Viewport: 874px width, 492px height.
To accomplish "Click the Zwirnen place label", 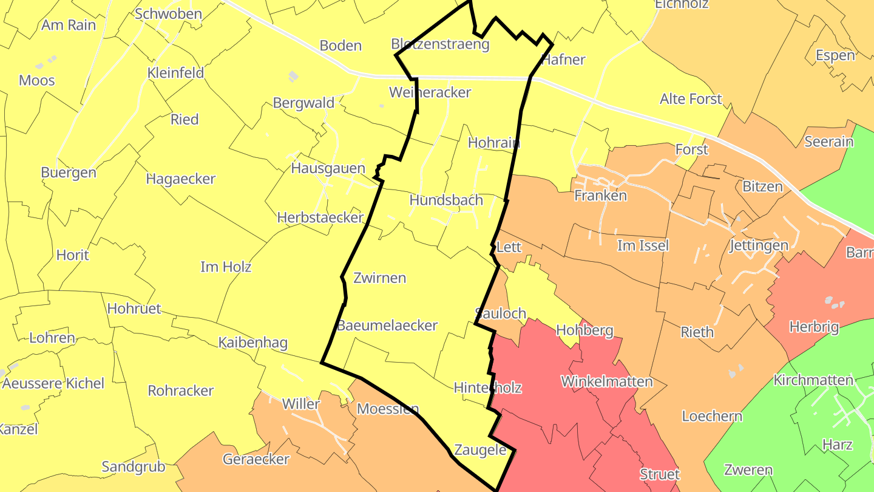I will (x=379, y=278).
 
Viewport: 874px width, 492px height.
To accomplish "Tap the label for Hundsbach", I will (x=446, y=200).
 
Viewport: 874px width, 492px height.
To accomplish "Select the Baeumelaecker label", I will (x=387, y=326).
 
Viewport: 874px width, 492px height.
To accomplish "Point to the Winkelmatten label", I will (x=606, y=381).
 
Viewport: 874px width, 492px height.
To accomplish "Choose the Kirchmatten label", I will (x=813, y=380).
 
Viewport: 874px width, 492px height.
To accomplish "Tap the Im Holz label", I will (x=226, y=267).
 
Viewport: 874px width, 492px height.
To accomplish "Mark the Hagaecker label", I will (x=181, y=179).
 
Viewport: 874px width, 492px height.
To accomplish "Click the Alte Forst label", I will (x=691, y=99).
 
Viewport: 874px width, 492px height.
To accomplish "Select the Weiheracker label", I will (x=430, y=92).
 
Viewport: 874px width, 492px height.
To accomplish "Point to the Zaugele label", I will (x=480, y=450).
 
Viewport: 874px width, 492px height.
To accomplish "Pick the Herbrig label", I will (x=813, y=327).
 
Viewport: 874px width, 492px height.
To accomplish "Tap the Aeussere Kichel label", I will (x=53, y=383).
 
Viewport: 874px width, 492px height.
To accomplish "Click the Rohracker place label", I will (x=181, y=391).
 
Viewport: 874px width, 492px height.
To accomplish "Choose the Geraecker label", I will (x=256, y=459).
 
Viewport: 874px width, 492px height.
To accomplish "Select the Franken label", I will (x=600, y=196).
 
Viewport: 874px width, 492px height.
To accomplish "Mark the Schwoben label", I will (x=168, y=14).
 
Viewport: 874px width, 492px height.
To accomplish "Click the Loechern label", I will (x=712, y=416).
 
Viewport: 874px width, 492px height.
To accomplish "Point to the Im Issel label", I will (x=643, y=245).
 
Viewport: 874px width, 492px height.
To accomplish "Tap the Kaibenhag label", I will (x=252, y=343).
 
